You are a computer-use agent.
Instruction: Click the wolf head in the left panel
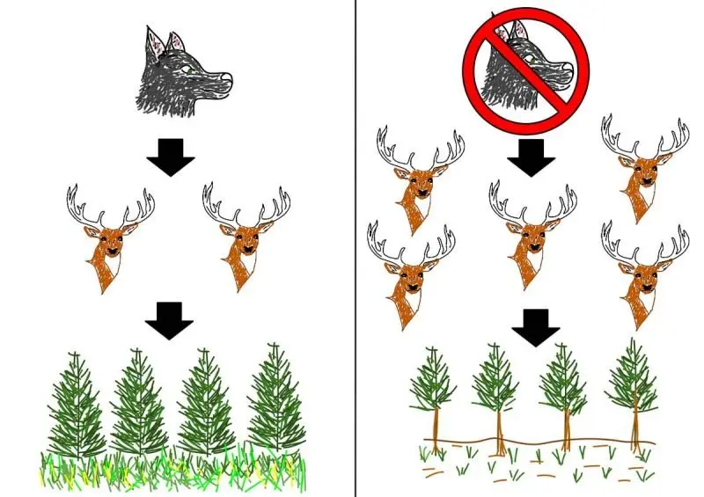pos(180,75)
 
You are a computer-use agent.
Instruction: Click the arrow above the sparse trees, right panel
pos(536,325)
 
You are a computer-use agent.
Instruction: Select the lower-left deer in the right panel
pos(411,277)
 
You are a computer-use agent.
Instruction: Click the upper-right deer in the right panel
pos(645,172)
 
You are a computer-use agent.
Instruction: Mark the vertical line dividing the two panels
pos(356,264)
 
